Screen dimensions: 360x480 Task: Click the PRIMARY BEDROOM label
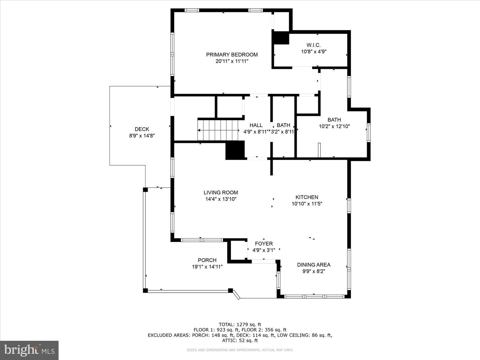tap(232, 55)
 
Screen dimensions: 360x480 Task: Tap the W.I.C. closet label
tap(313, 45)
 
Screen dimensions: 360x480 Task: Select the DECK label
tap(142, 129)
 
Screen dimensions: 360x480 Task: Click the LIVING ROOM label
tap(221, 192)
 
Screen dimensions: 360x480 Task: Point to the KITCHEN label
tap(307, 197)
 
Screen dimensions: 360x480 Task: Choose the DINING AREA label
tap(314, 265)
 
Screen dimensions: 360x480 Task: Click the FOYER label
tap(264, 244)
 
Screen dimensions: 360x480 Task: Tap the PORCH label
tap(207, 260)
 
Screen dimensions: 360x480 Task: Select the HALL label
tap(256, 125)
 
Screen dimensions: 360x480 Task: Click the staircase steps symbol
tap(218, 130)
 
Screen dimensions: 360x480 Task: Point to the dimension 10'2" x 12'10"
tap(334, 126)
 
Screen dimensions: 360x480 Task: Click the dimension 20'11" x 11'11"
tap(232, 61)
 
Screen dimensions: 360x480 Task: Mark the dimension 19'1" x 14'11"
tap(207, 267)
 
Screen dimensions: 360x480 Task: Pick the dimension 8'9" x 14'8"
tap(142, 136)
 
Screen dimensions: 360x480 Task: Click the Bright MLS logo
tap(29, 350)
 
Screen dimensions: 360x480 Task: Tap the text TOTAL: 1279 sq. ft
tap(240, 324)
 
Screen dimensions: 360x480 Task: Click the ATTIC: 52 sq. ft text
tap(240, 340)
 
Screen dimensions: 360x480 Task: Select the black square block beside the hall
tap(235, 150)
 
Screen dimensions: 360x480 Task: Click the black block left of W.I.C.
tap(280, 38)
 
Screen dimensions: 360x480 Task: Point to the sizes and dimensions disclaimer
tap(240, 350)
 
